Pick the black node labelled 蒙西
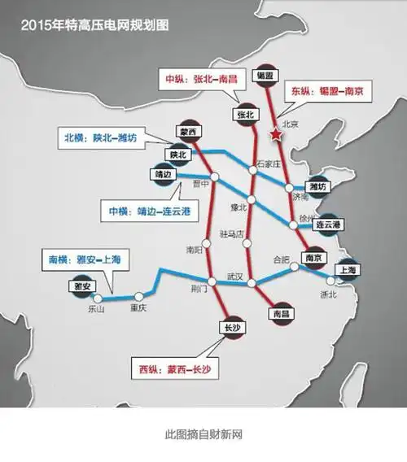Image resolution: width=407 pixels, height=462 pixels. tap(186, 129)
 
